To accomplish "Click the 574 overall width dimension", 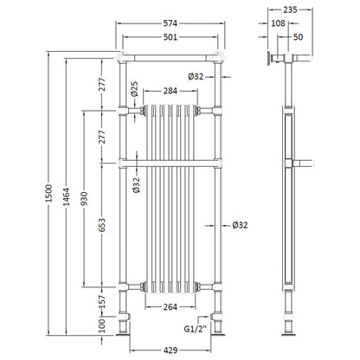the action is pos(170,23).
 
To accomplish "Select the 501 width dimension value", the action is pos(170,37).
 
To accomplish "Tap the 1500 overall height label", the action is pos(49,193).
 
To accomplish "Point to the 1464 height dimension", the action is pos(67,197).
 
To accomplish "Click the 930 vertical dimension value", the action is pos(84,199).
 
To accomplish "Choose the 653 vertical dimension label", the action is pos(101,225).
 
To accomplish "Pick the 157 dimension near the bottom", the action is pos(101,301).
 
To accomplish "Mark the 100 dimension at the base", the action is pos(101,326).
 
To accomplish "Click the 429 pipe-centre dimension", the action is pos(170,350).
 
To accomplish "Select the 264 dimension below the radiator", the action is pos(170,307).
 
